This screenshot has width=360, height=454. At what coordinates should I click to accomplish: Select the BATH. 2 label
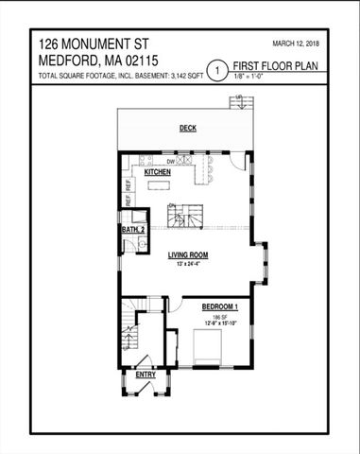[x=133, y=229]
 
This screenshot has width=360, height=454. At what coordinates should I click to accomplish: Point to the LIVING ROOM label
[x=189, y=255]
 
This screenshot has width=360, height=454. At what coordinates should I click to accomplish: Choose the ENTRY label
[x=146, y=375]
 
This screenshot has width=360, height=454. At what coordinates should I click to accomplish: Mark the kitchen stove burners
[x=144, y=159]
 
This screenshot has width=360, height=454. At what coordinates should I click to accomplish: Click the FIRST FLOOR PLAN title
[x=277, y=66]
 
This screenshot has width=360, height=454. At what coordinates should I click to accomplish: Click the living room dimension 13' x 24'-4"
[x=189, y=264]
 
